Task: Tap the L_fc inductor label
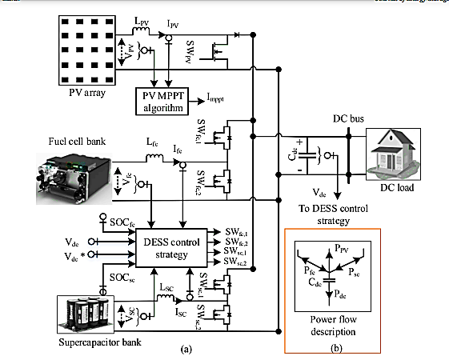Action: [152, 140]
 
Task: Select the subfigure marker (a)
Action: [187, 348]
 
